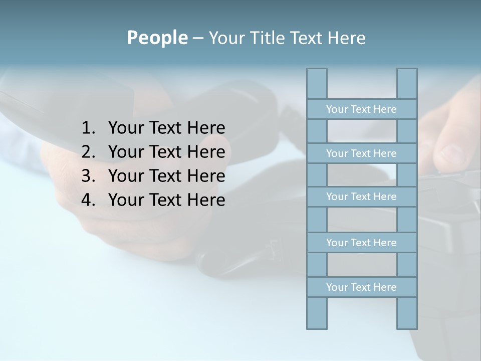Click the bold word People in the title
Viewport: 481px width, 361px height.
point(157,38)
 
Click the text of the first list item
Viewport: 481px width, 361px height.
point(166,128)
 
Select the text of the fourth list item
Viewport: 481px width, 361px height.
point(166,200)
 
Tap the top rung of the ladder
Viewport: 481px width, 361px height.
point(361,109)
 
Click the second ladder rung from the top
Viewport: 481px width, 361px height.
point(361,153)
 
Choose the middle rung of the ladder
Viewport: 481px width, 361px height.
point(361,197)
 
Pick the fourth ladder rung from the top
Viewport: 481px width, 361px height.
point(361,243)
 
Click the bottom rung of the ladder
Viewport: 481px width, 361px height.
point(361,287)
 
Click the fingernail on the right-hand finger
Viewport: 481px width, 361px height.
point(453,153)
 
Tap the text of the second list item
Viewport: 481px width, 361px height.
point(166,152)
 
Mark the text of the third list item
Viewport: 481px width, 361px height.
point(166,176)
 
